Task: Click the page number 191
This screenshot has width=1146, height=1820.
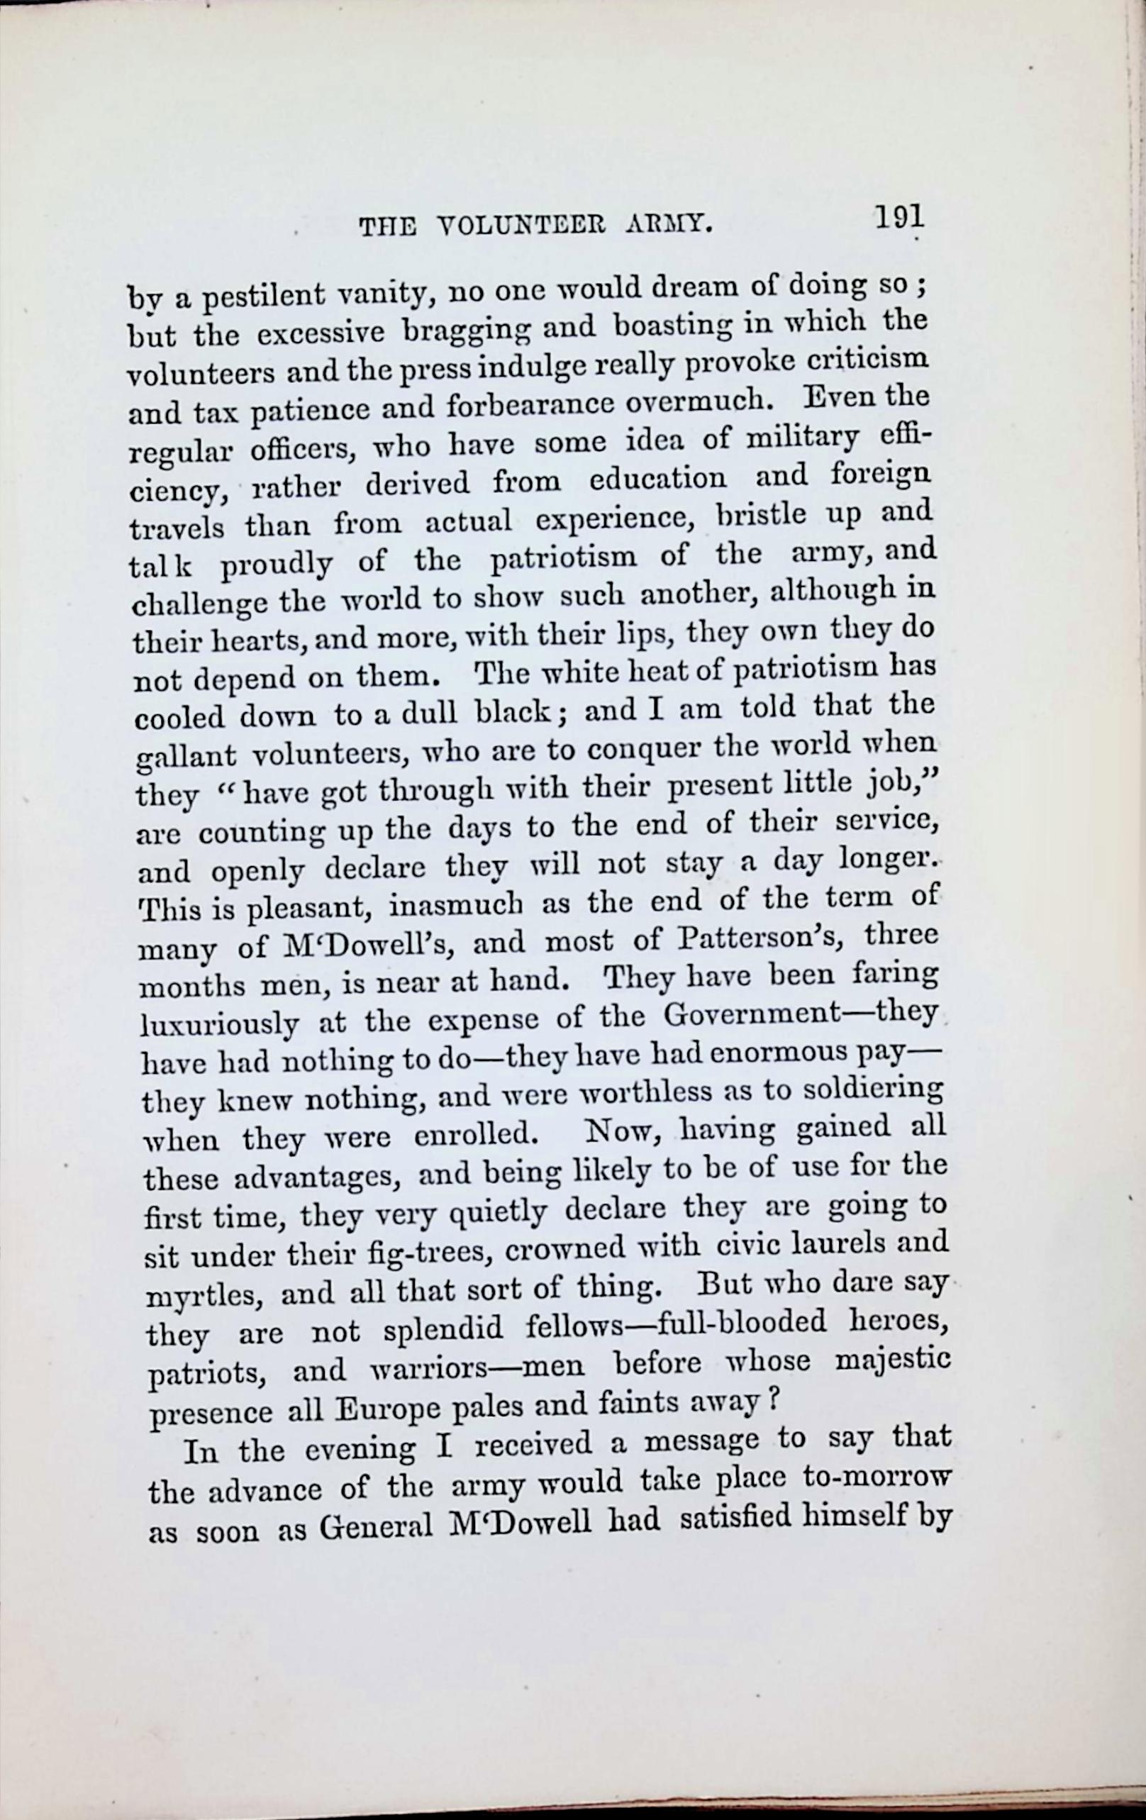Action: (899, 218)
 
